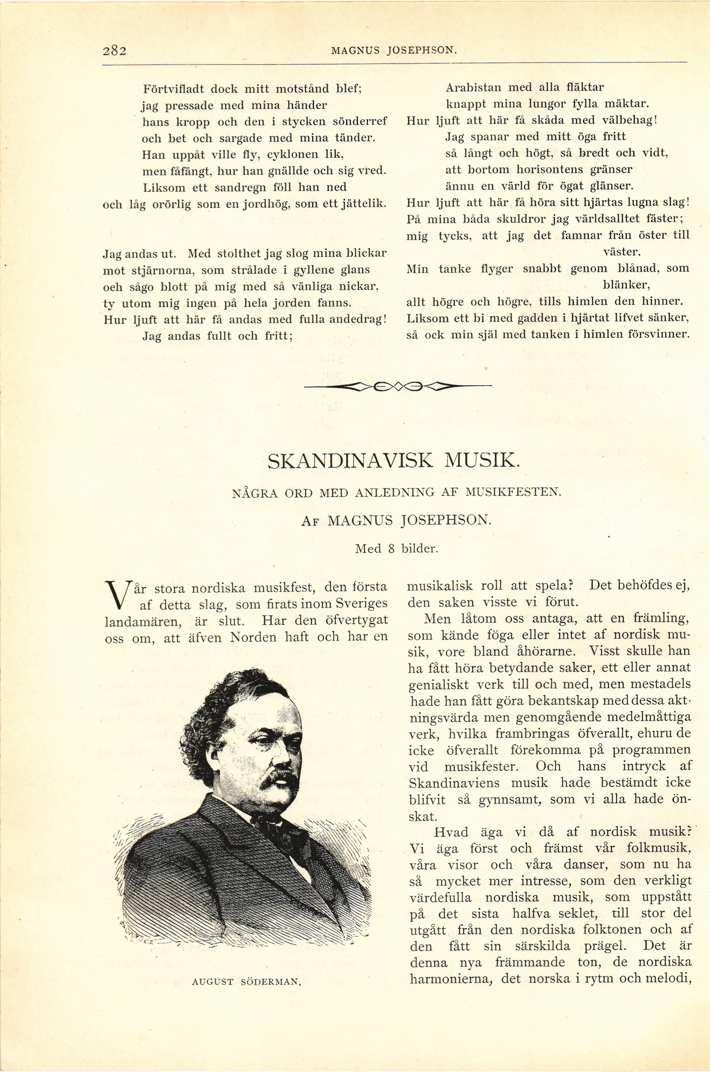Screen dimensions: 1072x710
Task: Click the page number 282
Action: (114, 50)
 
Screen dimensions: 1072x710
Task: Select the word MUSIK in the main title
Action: (480, 461)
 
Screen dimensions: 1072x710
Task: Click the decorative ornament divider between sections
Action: (397, 386)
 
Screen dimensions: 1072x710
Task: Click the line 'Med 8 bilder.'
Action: (397, 549)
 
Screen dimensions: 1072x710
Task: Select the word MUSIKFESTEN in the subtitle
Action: (513, 492)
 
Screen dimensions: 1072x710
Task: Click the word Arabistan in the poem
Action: (473, 87)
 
